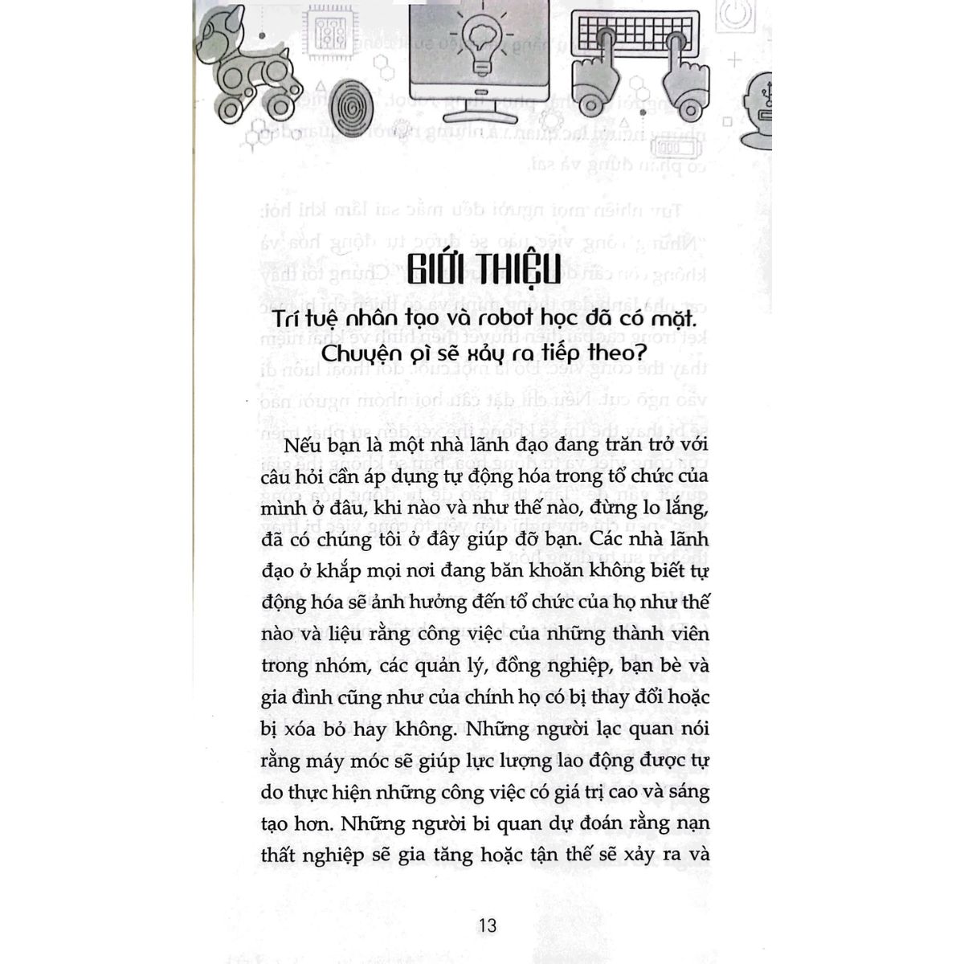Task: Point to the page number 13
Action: click(x=487, y=925)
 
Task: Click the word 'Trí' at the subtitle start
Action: click(x=285, y=319)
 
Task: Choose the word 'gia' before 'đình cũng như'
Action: click(x=276, y=697)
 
